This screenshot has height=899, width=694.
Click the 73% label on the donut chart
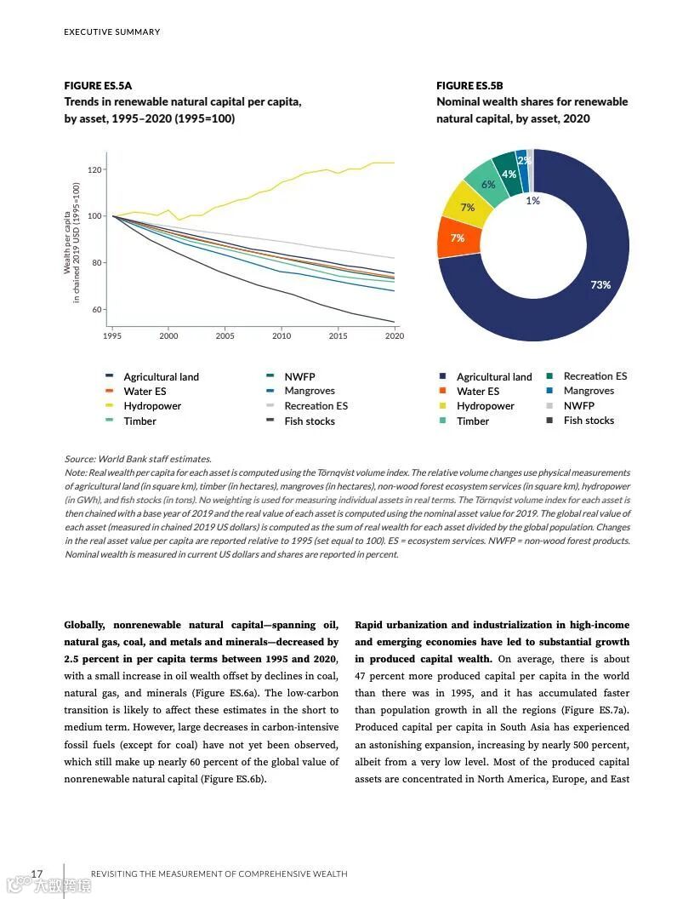coord(600,284)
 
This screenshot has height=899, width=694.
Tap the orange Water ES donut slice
coord(452,238)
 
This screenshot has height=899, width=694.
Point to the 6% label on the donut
coord(488,184)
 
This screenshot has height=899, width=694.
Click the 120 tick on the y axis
coord(94,170)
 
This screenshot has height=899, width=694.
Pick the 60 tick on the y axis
coord(96,309)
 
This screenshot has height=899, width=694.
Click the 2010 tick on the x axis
coord(282,336)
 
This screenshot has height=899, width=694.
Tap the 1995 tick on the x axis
coord(112,336)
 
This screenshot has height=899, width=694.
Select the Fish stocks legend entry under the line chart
coord(310,421)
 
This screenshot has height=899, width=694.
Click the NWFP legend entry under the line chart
coord(299,376)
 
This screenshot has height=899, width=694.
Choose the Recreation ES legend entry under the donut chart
coord(594,376)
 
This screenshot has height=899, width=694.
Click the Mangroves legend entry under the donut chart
coord(589,391)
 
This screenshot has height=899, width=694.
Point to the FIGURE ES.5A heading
coord(98,86)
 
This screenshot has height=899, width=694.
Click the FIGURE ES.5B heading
coord(469,86)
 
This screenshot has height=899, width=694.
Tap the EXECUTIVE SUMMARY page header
coord(112,32)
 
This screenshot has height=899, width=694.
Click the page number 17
coord(37,873)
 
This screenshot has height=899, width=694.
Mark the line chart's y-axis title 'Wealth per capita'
coord(67,242)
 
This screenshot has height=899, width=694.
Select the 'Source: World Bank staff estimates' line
coord(138,459)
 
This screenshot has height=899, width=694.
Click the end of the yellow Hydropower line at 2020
coord(394,163)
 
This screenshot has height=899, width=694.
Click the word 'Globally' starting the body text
coord(85,625)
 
